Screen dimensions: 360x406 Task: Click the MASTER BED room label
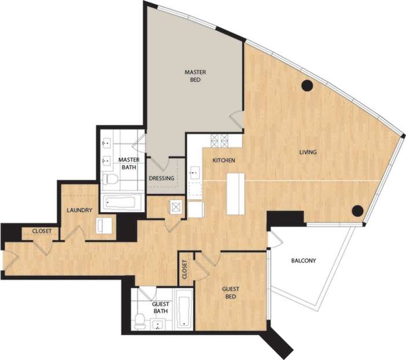(x=195, y=76)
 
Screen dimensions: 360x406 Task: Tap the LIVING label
(x=308, y=152)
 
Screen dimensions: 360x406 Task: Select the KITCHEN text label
(x=224, y=161)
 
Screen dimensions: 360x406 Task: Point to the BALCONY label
(x=303, y=261)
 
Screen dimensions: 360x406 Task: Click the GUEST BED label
(x=231, y=293)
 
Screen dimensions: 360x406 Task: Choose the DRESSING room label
(x=162, y=179)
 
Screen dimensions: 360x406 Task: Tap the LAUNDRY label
(x=79, y=210)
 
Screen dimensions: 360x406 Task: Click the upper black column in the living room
(x=307, y=86)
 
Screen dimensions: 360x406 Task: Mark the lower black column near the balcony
(x=358, y=210)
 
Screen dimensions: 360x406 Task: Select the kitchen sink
(x=195, y=172)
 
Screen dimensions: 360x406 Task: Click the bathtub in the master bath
(x=122, y=203)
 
